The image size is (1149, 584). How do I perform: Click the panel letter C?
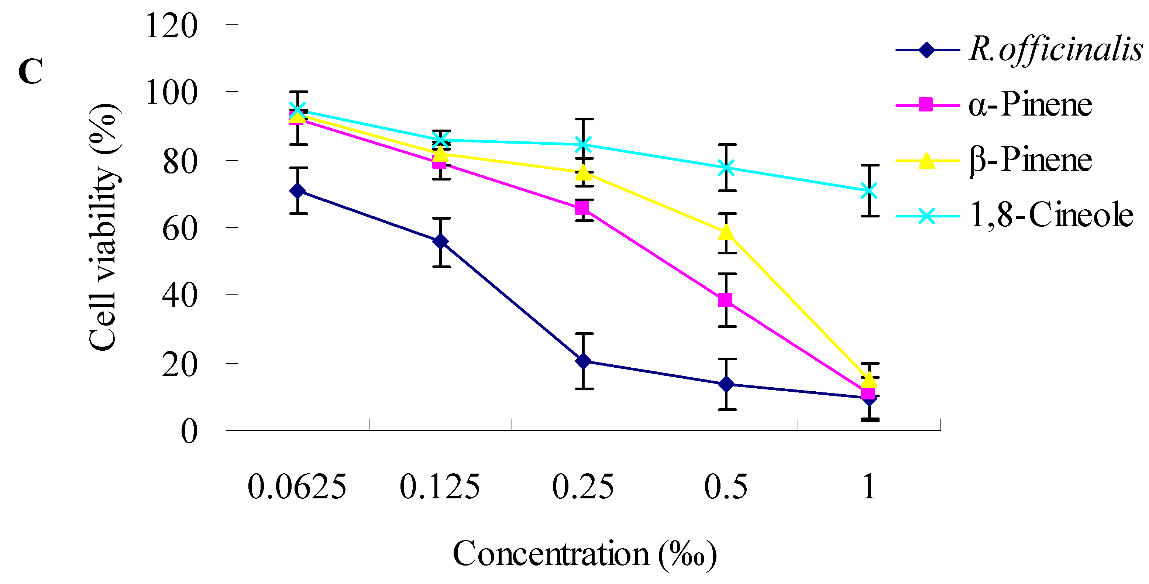coord(30,71)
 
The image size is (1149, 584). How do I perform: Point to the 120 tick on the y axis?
coord(171,26)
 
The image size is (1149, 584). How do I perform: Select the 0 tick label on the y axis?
coord(189,432)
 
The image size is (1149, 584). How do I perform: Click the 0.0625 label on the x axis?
coord(297,487)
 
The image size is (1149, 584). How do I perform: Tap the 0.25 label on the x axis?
coord(582,487)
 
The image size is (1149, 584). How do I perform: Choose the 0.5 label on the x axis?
coord(726,487)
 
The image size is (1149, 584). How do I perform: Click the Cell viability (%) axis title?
coord(103,227)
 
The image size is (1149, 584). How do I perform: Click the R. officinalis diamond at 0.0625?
coord(297,191)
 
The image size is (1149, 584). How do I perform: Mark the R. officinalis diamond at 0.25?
coord(583,361)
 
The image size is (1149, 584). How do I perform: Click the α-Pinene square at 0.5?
coord(725,300)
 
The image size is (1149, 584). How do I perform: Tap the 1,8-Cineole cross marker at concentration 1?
coord(869,191)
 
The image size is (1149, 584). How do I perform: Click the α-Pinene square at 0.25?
coord(582,208)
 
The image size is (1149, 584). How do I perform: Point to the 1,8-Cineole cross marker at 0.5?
coord(726,168)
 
